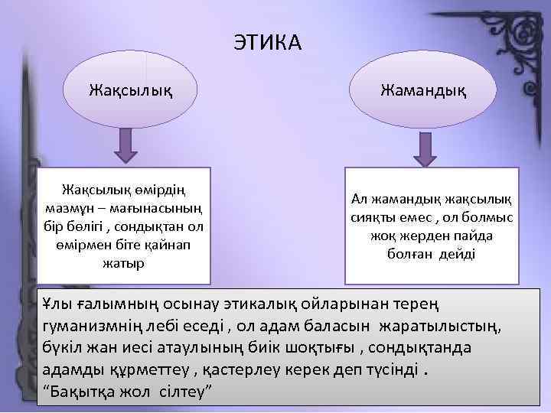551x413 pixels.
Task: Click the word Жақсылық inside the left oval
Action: [130, 92]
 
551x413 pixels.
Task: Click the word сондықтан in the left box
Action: [158, 226]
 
